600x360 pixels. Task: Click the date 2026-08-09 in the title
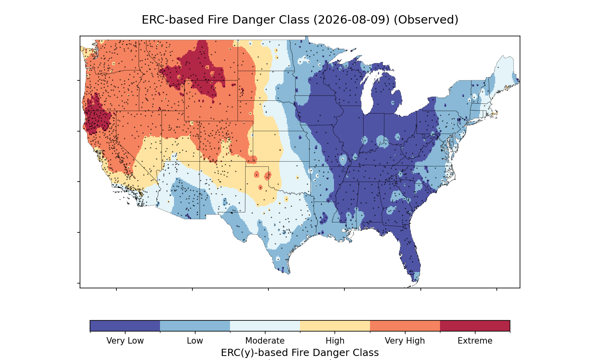point(351,20)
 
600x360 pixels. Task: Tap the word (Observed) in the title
point(426,20)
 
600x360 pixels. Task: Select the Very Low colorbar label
point(125,341)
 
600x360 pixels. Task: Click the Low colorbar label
point(195,341)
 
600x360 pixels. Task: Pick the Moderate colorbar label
point(265,341)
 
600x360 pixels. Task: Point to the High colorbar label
point(335,341)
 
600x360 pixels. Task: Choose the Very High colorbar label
point(405,341)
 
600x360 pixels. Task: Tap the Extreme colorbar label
point(475,341)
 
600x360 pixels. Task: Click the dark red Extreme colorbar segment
point(475,326)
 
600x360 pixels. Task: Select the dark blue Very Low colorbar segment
point(125,326)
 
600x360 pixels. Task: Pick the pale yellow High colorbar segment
point(335,326)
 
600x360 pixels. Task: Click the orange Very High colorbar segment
point(405,326)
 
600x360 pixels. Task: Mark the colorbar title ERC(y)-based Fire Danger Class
point(300,353)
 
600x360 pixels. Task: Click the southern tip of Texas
point(289,274)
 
